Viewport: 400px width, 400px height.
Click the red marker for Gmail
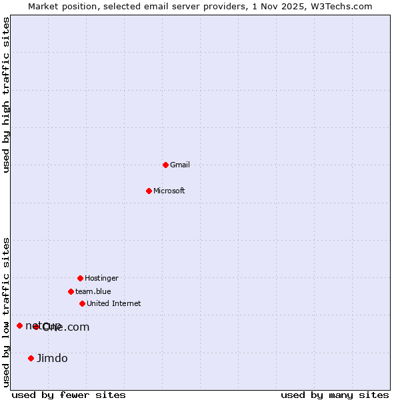coord(165,165)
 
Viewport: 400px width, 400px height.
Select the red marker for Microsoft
coord(149,191)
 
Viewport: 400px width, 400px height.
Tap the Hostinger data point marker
coord(80,278)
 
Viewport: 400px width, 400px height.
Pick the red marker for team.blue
coord(71,291)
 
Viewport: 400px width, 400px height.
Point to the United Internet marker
coord(82,303)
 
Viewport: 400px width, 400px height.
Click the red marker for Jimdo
coord(31,358)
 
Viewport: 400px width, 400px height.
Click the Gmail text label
coord(180,165)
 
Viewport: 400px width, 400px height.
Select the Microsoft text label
coord(169,191)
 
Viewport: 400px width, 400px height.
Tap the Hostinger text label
coord(101,278)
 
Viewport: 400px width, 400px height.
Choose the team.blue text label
coord(93,291)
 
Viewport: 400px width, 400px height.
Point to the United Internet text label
coord(113,303)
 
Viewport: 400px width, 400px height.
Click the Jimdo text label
coord(52,358)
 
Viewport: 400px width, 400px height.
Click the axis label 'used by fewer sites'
coord(69,395)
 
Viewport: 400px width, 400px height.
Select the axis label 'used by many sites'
coord(335,395)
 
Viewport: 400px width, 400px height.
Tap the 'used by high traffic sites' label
coord(7,95)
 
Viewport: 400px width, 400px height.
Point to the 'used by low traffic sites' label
coord(7,312)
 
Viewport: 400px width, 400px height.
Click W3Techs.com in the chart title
coord(340,6)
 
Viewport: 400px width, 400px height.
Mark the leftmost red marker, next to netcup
coord(19,325)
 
